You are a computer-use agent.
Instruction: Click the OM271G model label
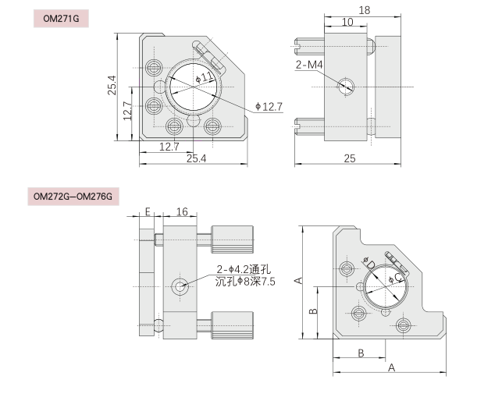[61, 19]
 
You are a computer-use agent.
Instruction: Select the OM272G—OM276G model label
[73, 196]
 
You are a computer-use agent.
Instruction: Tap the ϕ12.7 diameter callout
[269, 107]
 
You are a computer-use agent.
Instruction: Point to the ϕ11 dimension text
[205, 77]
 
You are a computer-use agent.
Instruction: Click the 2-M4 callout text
[309, 65]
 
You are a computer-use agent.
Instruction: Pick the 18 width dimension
[365, 10]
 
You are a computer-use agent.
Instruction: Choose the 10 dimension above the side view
[347, 22]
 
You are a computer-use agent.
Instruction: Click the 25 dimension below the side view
[350, 158]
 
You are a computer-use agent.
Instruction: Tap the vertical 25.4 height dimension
[112, 85]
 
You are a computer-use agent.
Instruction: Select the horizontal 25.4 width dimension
[196, 158]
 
